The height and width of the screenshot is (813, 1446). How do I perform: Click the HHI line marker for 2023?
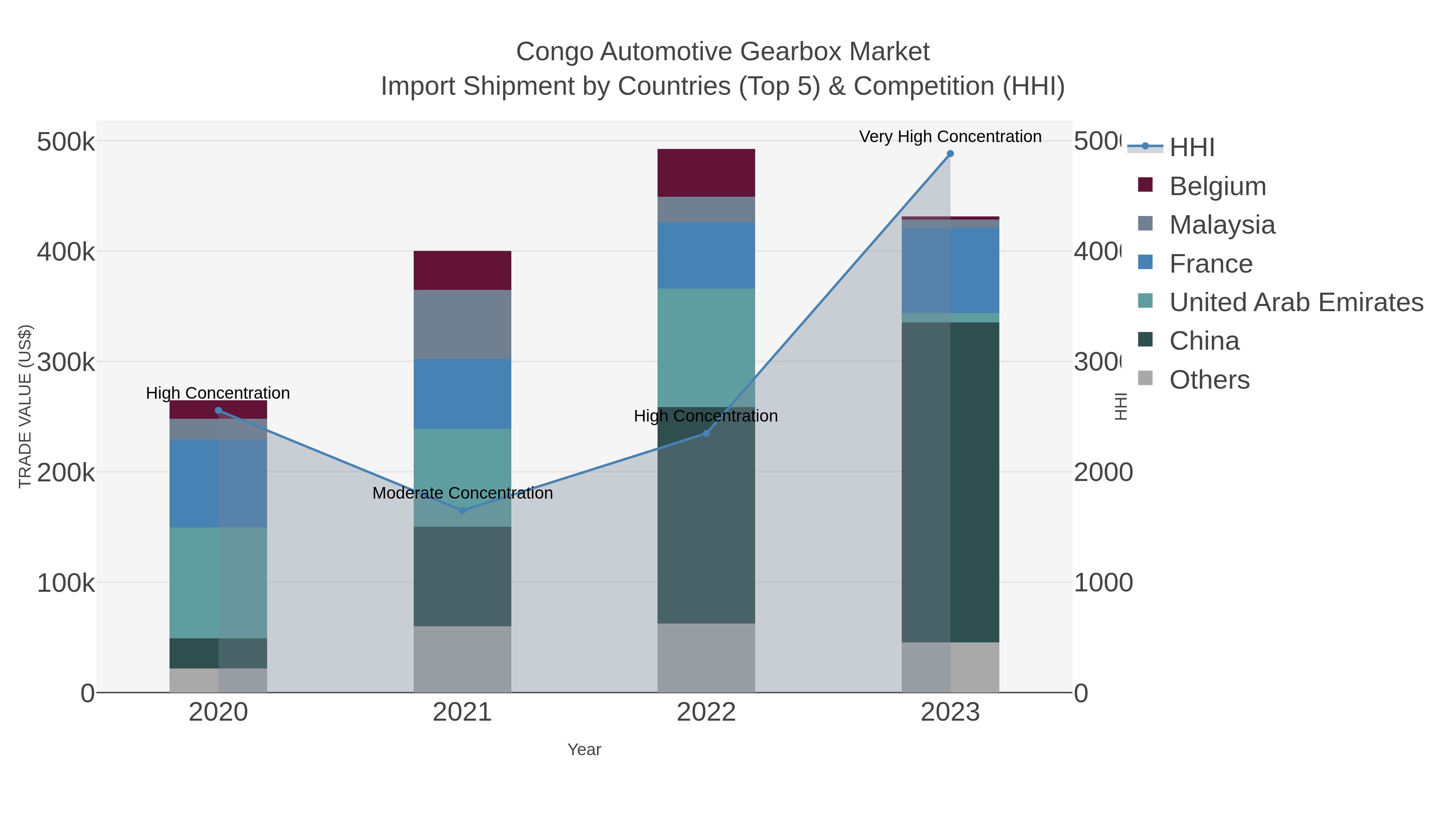(950, 154)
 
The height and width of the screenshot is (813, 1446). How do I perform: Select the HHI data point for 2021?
(463, 511)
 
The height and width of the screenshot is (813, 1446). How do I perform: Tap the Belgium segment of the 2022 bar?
(706, 173)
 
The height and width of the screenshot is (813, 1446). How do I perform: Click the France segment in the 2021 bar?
(463, 394)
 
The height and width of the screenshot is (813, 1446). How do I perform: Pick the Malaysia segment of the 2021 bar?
(463, 324)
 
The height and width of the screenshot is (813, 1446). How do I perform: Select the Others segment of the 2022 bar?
(706, 658)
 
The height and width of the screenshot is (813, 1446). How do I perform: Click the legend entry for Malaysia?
(1221, 225)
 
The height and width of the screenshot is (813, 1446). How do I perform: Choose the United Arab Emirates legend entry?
(1295, 302)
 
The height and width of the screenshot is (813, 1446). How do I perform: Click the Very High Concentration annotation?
(950, 137)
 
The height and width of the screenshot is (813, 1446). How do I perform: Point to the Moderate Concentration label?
(463, 493)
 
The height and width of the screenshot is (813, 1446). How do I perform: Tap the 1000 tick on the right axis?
(1103, 583)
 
